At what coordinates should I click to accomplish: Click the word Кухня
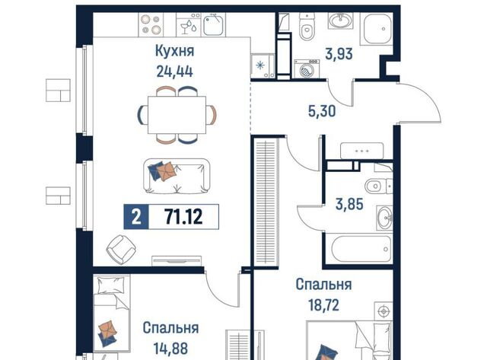tap(174, 51)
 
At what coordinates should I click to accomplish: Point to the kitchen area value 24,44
tap(174, 72)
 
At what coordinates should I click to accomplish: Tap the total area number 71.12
tap(183, 216)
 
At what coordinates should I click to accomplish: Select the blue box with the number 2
tap(136, 217)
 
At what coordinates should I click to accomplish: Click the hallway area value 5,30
tap(322, 111)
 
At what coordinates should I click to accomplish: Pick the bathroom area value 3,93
tap(339, 54)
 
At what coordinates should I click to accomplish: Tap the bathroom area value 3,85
tap(349, 205)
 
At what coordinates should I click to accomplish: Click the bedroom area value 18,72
tap(323, 305)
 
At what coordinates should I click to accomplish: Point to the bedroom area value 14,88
tap(170, 349)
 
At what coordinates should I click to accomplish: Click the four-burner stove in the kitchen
tap(151, 24)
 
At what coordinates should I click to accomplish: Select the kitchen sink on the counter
tap(213, 25)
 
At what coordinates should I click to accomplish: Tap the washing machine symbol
tap(307, 69)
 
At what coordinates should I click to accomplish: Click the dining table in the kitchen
tap(177, 115)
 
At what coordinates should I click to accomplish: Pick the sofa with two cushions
tap(177, 176)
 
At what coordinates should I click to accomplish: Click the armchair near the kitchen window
tap(121, 250)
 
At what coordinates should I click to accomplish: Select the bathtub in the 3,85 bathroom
tap(360, 249)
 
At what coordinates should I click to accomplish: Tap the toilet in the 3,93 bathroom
tap(307, 27)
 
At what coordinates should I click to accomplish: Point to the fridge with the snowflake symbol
tap(263, 65)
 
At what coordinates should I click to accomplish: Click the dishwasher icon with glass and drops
tap(189, 25)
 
